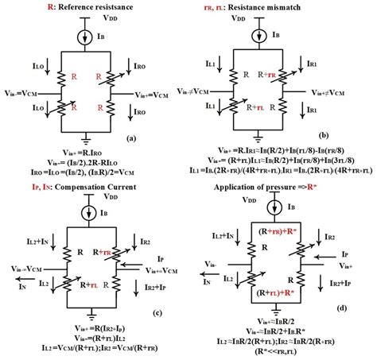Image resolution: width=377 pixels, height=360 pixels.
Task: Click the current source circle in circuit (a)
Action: [88, 36]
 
